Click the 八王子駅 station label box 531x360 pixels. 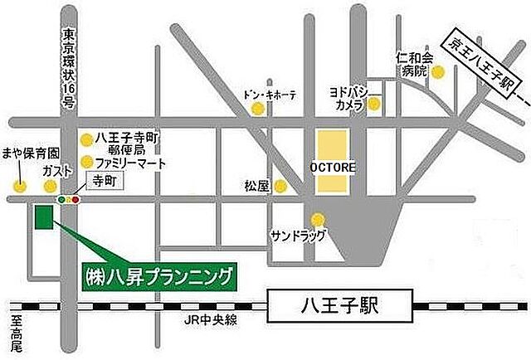342,304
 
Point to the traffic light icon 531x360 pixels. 68,199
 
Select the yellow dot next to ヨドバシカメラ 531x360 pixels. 375,105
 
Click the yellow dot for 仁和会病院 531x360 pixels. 438,73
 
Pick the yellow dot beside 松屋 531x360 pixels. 282,186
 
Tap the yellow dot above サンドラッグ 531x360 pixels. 317,219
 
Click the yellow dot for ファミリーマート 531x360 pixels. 86,162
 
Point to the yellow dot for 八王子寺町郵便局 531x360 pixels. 86,140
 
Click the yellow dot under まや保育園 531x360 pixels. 19,184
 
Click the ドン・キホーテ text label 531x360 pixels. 270,94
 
